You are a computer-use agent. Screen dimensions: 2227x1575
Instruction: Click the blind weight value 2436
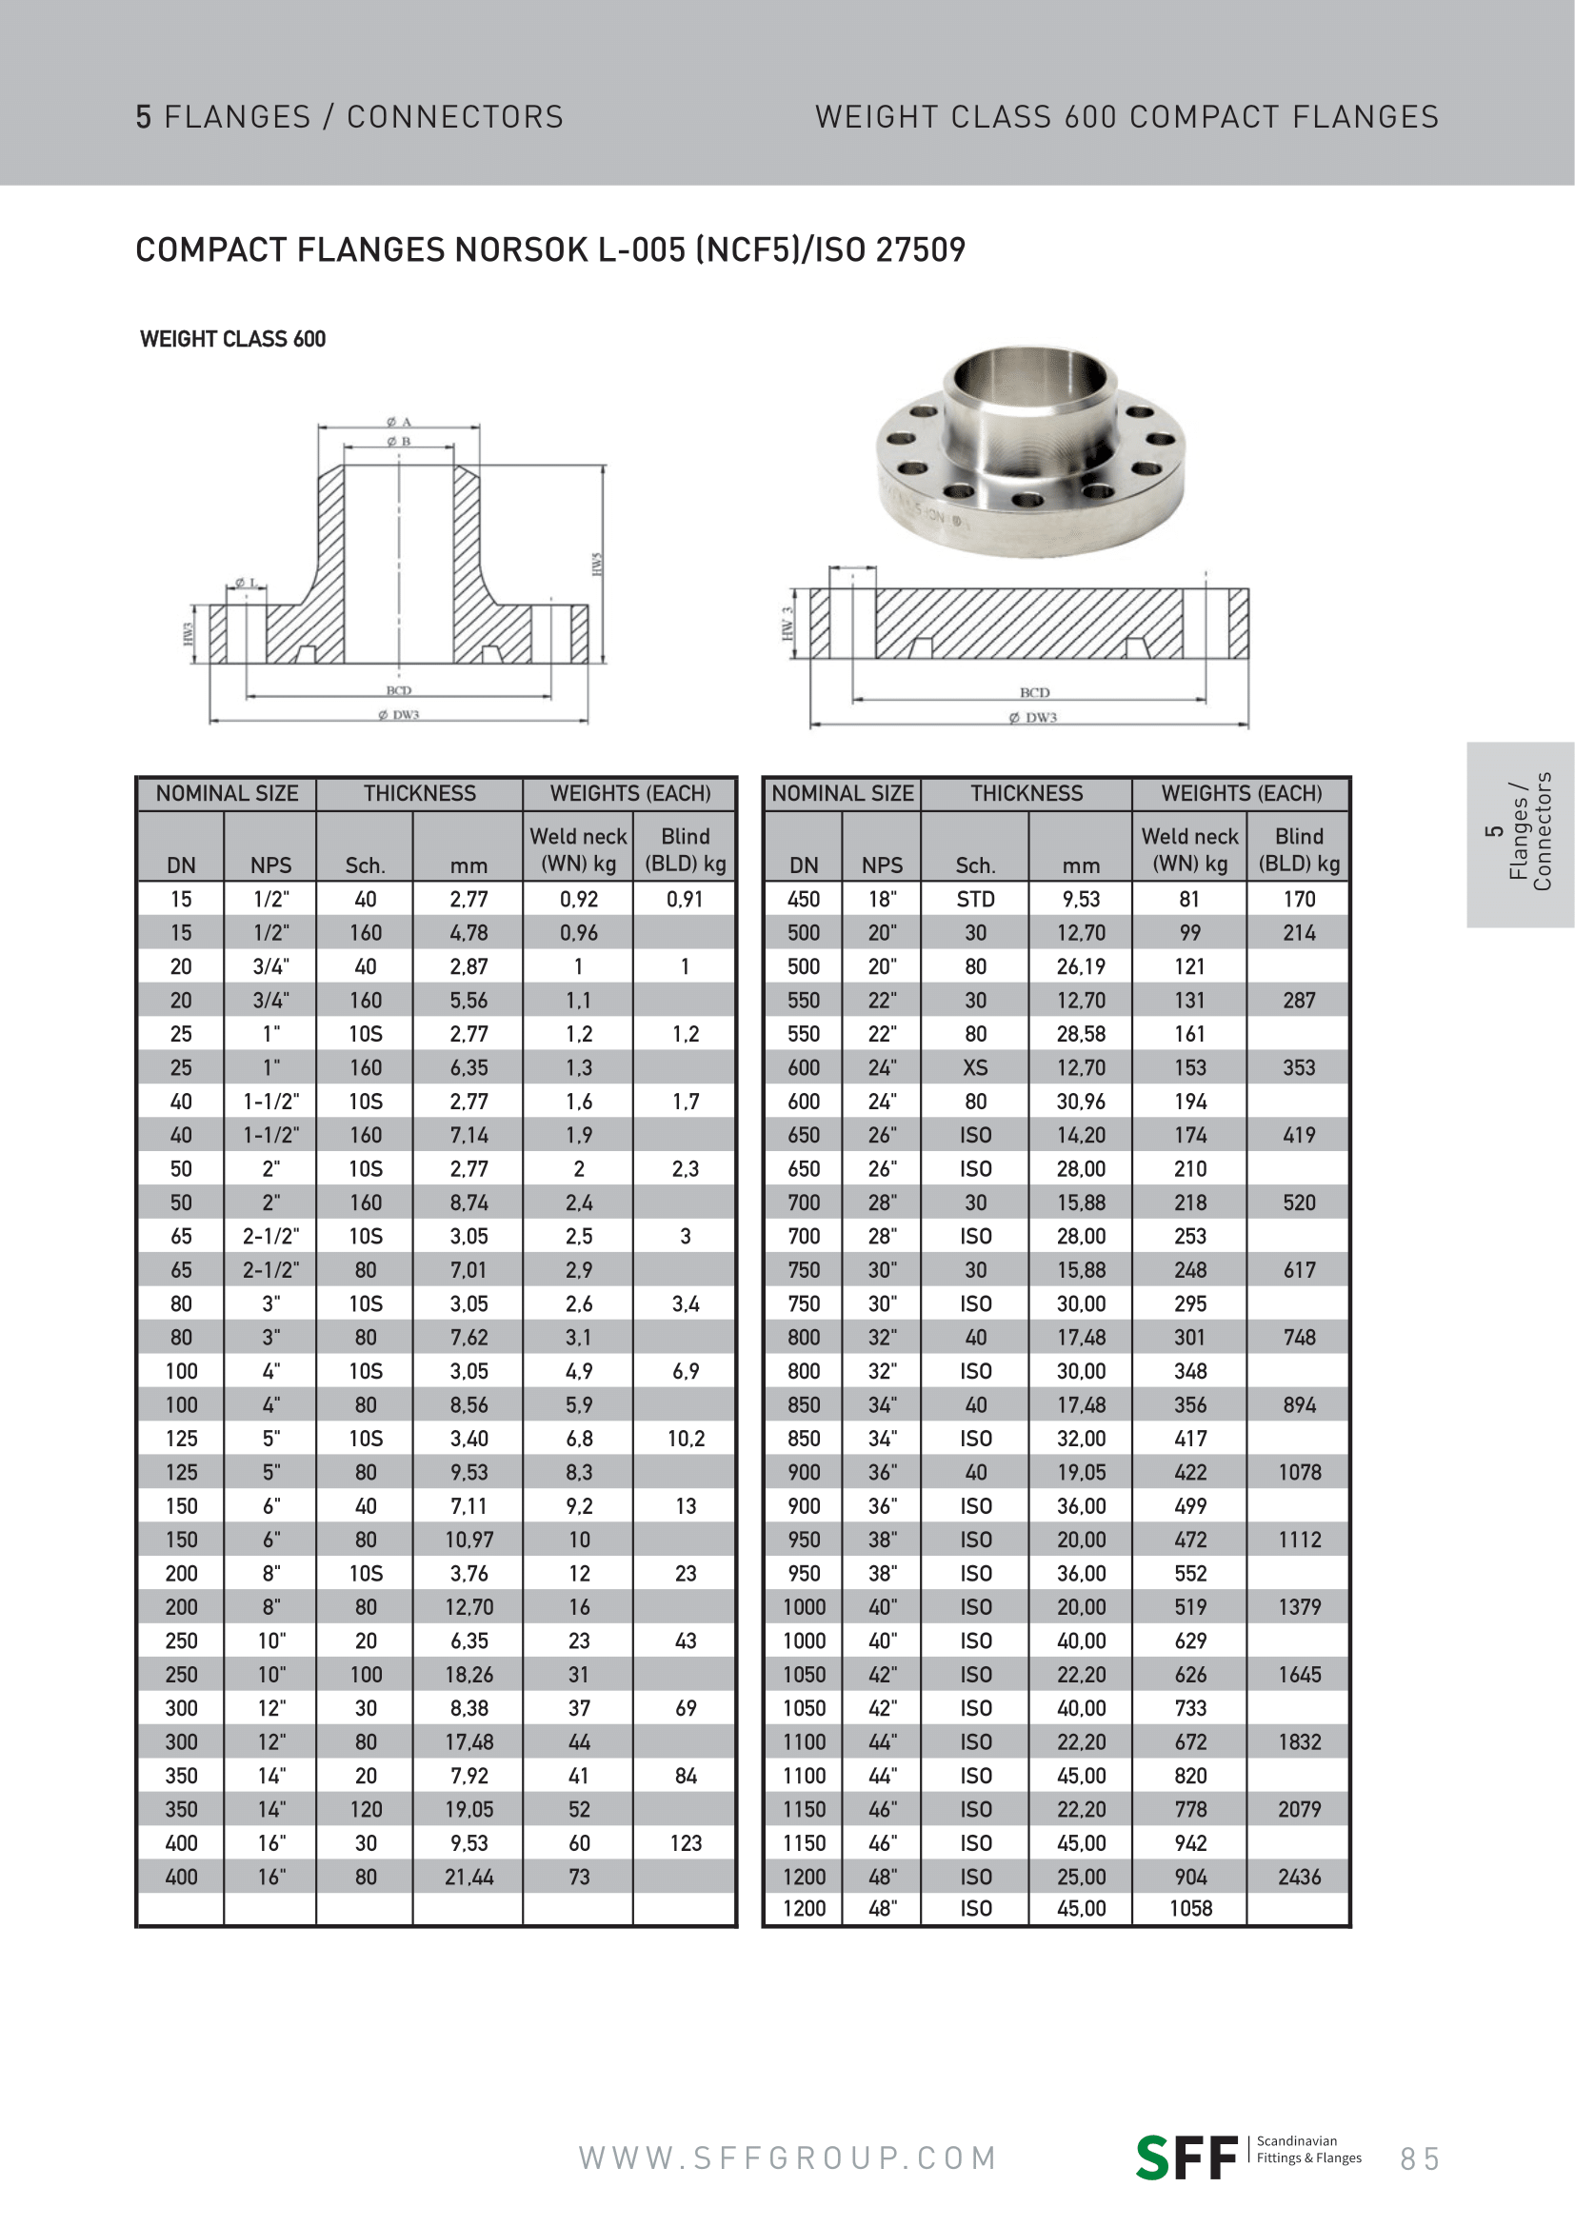tap(1299, 1877)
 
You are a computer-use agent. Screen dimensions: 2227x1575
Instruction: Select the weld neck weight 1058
tap(1190, 1909)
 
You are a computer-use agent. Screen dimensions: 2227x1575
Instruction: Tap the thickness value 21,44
tap(469, 1877)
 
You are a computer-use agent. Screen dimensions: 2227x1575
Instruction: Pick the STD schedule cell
tap(975, 899)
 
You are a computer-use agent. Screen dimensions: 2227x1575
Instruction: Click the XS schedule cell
tap(975, 1068)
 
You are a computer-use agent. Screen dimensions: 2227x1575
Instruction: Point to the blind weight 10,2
tap(685, 1439)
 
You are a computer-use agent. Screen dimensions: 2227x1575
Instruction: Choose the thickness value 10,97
tap(469, 1540)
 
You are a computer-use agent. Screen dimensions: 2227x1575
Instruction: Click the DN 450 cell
tap(803, 899)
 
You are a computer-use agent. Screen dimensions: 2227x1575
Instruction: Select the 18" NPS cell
tap(882, 899)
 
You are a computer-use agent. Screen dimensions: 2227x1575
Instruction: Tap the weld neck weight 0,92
tap(578, 899)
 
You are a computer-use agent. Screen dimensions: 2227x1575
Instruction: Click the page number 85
tap(1419, 2159)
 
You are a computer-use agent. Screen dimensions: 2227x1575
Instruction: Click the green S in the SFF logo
tap(1153, 2158)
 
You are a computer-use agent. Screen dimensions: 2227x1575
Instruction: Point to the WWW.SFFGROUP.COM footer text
tap(787, 2158)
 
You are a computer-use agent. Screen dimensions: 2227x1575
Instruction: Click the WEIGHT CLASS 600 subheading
tap(232, 340)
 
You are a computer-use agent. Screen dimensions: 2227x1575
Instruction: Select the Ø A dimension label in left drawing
tap(399, 422)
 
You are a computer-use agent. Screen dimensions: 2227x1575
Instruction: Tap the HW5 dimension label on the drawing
tap(597, 564)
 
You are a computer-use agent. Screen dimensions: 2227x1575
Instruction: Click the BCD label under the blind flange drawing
tap(1034, 692)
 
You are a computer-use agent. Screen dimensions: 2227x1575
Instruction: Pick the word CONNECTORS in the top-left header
tap(455, 117)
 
